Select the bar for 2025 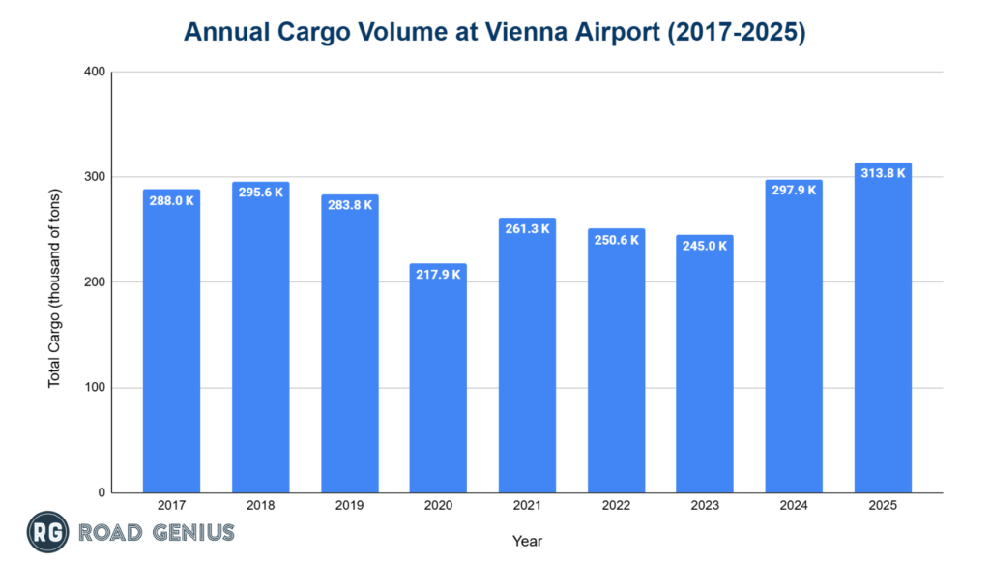click(883, 328)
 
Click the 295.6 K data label click(260, 193)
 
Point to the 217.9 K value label click(438, 274)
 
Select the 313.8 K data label click(883, 173)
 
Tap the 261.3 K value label click(527, 228)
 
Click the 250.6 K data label click(616, 239)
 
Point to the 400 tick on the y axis click(95, 73)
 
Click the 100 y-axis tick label click(95, 388)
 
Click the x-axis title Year click(527, 541)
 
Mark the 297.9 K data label click(794, 190)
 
